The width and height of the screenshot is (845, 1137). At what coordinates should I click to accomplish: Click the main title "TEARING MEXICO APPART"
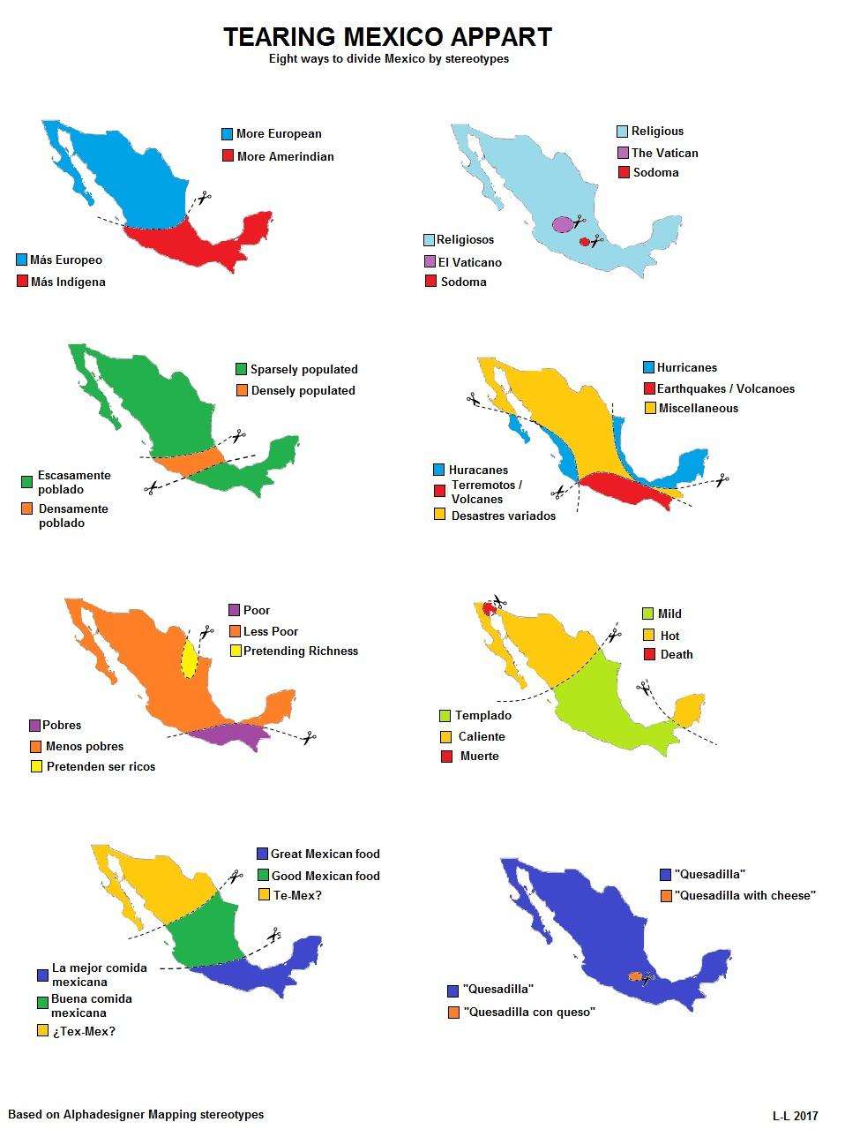tap(387, 37)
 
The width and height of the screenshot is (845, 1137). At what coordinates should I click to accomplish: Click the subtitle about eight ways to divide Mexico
tap(388, 59)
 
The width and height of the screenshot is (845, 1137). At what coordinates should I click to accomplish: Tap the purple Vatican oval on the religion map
tap(562, 224)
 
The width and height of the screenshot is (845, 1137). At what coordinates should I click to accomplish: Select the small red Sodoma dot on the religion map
tap(584, 241)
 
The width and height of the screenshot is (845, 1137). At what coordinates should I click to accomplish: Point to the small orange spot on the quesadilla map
tap(634, 976)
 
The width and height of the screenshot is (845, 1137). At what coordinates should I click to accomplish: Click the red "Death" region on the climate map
tap(487, 609)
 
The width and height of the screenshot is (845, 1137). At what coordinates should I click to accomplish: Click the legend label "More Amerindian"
tap(285, 156)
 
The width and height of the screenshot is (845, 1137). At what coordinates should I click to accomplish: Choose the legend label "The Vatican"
tap(664, 153)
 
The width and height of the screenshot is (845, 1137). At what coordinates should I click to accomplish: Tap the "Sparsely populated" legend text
tap(303, 369)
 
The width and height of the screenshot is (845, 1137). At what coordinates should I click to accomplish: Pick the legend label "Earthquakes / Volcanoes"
tap(725, 388)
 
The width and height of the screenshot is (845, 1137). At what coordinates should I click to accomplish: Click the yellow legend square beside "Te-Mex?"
tap(263, 895)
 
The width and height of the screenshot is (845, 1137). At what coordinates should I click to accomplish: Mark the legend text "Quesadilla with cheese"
tap(744, 895)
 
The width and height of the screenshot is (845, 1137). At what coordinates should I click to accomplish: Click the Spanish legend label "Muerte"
tap(479, 756)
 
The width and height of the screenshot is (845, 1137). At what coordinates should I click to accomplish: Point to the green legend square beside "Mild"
tap(648, 614)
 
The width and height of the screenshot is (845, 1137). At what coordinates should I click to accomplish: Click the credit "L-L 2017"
tap(795, 1116)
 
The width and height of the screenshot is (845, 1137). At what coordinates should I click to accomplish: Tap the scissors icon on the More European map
tap(204, 198)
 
